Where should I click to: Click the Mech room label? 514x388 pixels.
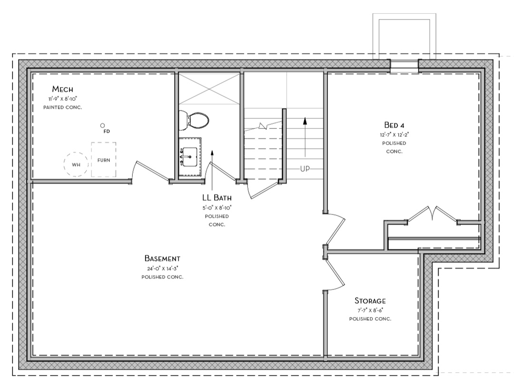pyautogui.click(x=62, y=89)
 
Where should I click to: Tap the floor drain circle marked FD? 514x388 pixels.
pyautogui.click(x=102, y=125)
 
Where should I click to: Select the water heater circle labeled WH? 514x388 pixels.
pyautogui.click(x=76, y=165)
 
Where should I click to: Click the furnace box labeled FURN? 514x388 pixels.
pyautogui.click(x=104, y=160)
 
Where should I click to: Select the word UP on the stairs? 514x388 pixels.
pyautogui.click(x=305, y=169)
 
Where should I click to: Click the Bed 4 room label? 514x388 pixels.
pyautogui.click(x=394, y=125)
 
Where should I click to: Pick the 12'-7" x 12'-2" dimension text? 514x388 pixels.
pyautogui.click(x=394, y=135)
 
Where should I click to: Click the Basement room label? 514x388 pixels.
pyautogui.click(x=162, y=259)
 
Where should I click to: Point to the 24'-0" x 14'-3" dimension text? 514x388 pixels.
pyautogui.click(x=162, y=268)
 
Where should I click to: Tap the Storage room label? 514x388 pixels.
pyautogui.click(x=370, y=301)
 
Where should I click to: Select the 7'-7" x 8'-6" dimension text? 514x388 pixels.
pyautogui.click(x=370, y=310)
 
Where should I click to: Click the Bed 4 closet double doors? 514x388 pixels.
pyautogui.click(x=432, y=214)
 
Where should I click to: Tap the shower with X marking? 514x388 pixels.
pyautogui.click(x=209, y=88)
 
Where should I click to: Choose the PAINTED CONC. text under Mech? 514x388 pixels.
pyautogui.click(x=62, y=107)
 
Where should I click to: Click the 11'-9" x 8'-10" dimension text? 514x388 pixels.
pyautogui.click(x=62, y=98)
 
